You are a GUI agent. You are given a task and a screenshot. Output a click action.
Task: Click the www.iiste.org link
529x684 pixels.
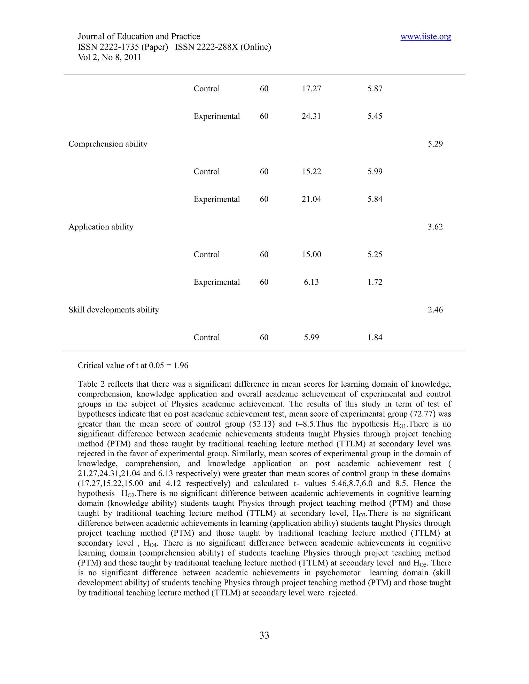(x=426, y=37)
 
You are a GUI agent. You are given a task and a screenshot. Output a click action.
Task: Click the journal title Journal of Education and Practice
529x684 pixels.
(x=139, y=37)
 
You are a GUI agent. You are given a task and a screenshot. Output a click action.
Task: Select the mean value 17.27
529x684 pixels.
(x=311, y=89)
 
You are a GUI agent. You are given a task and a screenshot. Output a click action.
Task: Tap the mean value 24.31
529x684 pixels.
(x=311, y=116)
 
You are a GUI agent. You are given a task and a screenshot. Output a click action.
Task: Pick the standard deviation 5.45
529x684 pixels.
(x=375, y=116)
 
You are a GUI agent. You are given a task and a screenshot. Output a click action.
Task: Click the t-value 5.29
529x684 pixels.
(x=435, y=144)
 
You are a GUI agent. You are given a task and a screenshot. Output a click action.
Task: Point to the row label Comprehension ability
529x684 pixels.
(x=108, y=144)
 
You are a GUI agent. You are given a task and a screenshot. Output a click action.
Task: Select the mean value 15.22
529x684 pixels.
(x=311, y=172)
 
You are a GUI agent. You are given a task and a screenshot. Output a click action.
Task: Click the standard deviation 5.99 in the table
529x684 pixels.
(x=375, y=172)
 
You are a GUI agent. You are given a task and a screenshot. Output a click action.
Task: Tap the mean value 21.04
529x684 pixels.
(x=311, y=199)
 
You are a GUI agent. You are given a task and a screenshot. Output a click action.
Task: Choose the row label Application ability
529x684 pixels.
(x=101, y=227)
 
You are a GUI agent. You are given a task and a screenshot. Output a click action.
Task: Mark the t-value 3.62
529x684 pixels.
(x=435, y=227)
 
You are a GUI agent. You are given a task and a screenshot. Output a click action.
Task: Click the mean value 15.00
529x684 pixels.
(x=311, y=254)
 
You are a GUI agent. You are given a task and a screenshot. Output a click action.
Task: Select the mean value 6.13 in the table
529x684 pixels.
(x=311, y=282)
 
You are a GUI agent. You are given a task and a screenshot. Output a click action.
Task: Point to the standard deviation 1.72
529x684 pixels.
(x=375, y=282)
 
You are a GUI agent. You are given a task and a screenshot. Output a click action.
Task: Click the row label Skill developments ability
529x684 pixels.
(x=114, y=310)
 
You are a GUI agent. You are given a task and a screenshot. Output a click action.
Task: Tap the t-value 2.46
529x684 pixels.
(x=435, y=310)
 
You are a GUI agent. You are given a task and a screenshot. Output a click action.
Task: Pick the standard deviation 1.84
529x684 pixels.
(x=375, y=337)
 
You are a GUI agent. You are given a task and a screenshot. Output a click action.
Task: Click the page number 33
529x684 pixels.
(x=264, y=635)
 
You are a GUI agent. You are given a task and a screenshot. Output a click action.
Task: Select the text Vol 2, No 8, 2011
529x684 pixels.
(x=109, y=57)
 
